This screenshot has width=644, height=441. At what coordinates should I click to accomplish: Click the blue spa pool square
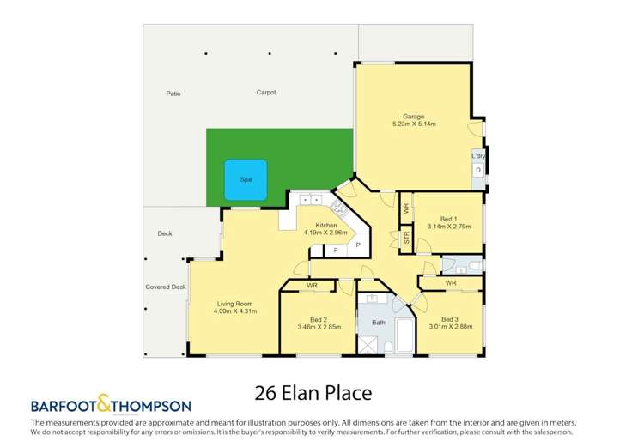(245, 180)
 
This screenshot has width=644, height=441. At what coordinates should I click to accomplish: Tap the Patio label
(173, 94)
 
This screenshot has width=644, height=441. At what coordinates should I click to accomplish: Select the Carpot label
(265, 93)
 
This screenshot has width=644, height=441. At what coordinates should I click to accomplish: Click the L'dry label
(478, 156)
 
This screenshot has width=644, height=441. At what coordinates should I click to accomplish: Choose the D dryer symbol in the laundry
(478, 171)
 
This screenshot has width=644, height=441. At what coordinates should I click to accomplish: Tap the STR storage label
(406, 238)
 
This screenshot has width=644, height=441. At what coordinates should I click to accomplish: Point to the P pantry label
(358, 245)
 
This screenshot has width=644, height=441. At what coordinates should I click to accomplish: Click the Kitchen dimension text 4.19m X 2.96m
(325, 233)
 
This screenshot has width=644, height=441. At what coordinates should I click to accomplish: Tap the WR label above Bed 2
(312, 285)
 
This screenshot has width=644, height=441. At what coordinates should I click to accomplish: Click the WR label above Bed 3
(450, 283)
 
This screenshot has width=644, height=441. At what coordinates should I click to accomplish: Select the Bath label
(379, 323)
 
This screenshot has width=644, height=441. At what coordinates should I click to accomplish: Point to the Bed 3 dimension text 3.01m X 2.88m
(451, 327)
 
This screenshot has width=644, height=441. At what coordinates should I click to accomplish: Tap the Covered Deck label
(166, 287)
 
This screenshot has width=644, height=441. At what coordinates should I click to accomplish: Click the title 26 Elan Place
(313, 394)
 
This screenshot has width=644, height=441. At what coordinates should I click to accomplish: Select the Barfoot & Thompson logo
(111, 405)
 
